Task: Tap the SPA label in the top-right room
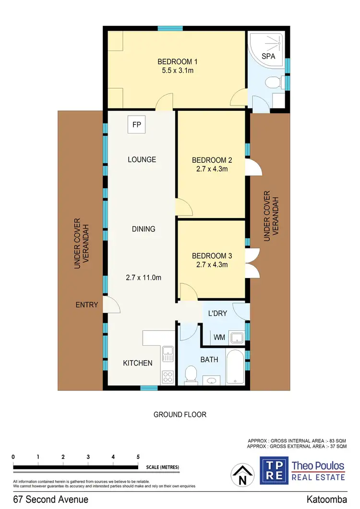pos(268,56)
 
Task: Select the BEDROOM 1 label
pos(178,61)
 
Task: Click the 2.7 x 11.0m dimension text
pos(144,277)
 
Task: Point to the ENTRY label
pos(86,304)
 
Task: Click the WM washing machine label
pos(219,338)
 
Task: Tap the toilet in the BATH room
pos(191,374)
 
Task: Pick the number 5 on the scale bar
pos(138,457)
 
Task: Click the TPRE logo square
pos(274,470)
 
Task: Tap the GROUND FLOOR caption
pos(180,414)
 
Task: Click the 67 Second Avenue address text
pos(51,499)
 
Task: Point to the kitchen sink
pos(167,356)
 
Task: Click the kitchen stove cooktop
pos(167,376)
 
